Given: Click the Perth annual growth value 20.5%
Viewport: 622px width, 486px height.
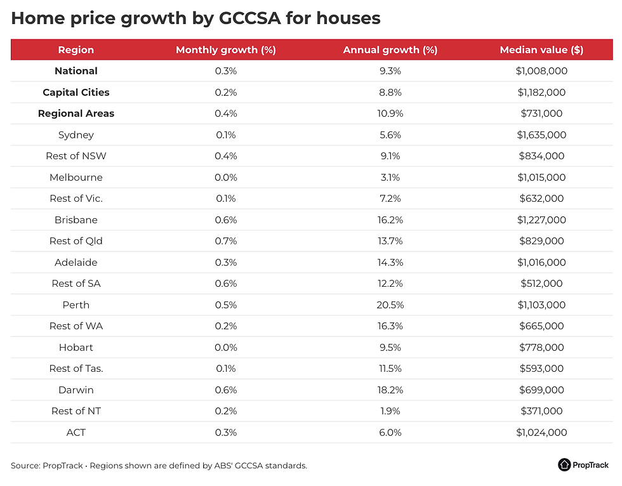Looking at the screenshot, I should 390,305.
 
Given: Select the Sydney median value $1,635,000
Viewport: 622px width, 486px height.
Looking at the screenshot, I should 541,135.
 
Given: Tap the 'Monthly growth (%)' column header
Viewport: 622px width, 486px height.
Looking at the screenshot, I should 225,50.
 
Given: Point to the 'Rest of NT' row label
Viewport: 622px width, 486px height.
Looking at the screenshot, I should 76,411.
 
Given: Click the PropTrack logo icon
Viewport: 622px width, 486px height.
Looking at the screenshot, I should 565,465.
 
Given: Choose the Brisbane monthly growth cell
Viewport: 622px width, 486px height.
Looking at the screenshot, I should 225,220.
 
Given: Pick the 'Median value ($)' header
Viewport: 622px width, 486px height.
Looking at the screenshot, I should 541,50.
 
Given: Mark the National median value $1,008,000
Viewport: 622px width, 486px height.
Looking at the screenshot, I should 541,71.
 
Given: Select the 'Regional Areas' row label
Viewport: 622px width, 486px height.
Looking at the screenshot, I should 76,114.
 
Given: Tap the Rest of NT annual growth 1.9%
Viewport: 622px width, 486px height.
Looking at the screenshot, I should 390,411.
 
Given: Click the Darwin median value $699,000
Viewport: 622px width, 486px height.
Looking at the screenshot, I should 541,390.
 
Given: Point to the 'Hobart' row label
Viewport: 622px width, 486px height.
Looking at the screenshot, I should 76,348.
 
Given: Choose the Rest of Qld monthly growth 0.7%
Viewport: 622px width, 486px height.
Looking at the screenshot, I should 225,241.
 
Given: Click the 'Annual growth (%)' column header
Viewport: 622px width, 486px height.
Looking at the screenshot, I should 390,50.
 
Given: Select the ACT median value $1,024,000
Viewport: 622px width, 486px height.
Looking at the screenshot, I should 541,433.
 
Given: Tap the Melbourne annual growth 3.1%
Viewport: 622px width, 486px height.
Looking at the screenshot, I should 390,178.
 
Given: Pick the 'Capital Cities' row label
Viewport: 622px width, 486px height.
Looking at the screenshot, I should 76,93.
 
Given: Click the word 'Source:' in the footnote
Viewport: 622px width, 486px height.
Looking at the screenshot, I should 25,466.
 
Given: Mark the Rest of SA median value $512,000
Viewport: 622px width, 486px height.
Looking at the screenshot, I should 541,284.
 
